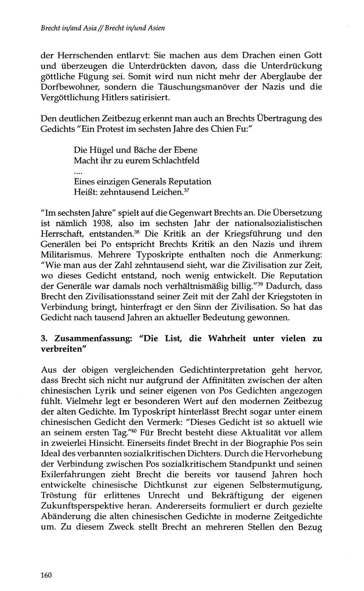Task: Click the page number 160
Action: (46, 575)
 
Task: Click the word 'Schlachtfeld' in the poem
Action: (174, 161)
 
